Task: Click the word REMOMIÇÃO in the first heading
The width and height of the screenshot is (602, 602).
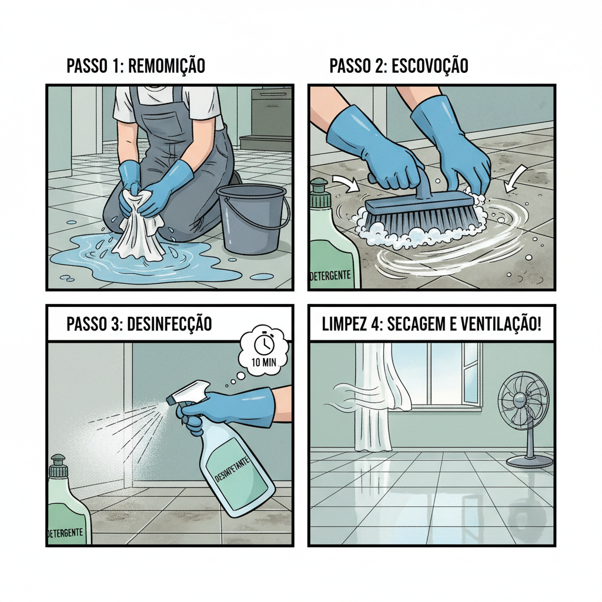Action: tap(166, 66)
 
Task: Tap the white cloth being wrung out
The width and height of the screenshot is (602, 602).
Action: tap(139, 232)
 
